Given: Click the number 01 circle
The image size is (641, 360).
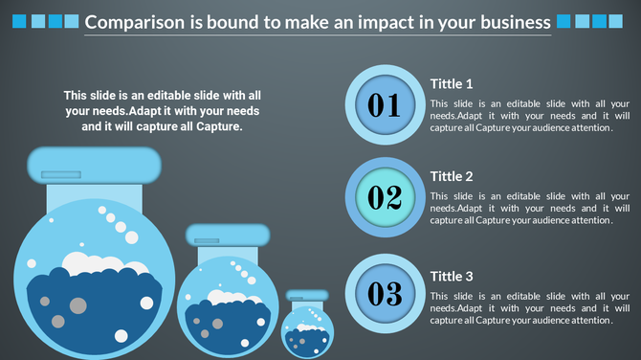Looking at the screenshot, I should pos(384,104).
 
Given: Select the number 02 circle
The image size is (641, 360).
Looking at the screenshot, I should pos(384,197).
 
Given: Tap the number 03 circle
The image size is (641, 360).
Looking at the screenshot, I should pos(384,291).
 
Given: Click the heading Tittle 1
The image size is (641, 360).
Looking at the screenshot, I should pos(452,83).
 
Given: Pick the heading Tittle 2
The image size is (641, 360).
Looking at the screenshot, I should pos(452,176).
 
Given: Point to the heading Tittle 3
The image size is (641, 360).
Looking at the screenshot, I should pos(452,277).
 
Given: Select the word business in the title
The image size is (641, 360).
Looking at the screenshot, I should pos(513,21).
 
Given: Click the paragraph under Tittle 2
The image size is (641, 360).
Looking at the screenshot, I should pos(529,208).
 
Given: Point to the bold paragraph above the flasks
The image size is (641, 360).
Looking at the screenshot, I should pos(162,110).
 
